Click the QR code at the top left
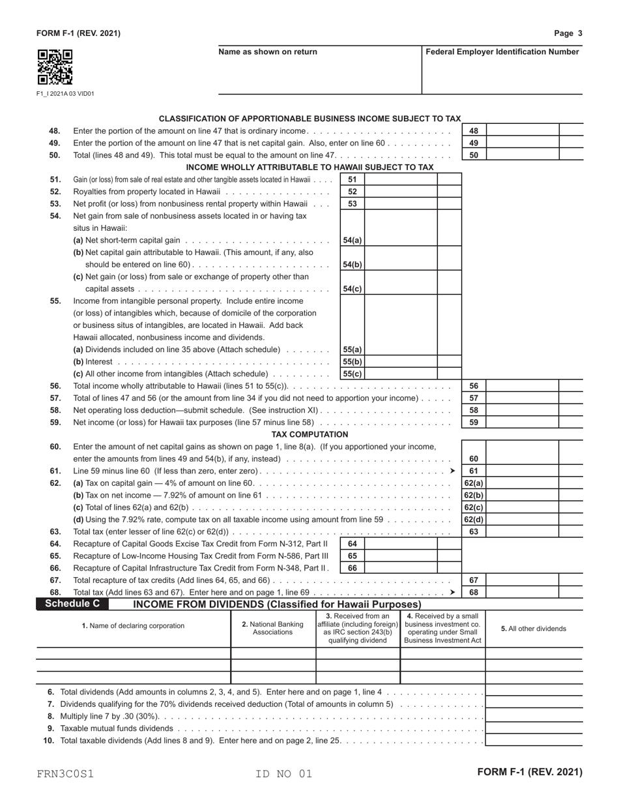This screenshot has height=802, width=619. coord(55,67)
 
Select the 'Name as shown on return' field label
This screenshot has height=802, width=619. coord(268,52)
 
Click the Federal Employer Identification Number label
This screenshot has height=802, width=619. coord(502,52)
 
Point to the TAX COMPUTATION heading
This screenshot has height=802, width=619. coord(309,434)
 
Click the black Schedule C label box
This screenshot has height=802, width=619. coord(72,604)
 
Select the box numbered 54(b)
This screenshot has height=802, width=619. coord(353,265)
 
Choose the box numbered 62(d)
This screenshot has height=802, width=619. coord(474,520)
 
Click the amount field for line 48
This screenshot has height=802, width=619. coord(522,130)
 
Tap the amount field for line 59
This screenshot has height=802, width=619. coord(522,422)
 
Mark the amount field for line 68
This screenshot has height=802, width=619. coord(522,592)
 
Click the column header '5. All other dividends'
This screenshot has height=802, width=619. coord(534,629)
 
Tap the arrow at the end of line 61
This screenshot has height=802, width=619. coord(453,471)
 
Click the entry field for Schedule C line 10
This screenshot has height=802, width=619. coord(534,740)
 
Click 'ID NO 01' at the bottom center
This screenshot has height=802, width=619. coord(284,774)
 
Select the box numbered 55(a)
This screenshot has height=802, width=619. coord(353,349)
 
